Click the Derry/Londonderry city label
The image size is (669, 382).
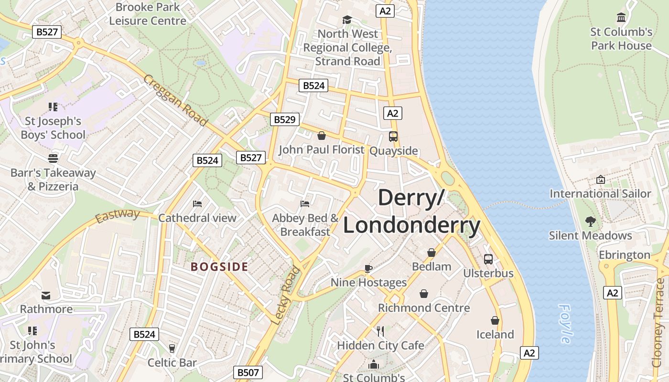(x=411, y=212)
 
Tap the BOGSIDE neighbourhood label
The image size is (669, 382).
(x=219, y=267)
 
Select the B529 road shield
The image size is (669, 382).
(x=285, y=119)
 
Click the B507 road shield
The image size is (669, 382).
(x=248, y=372)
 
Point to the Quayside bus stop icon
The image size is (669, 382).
(x=393, y=137)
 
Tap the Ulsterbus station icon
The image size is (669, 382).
(x=488, y=259)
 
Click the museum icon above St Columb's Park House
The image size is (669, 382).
(x=621, y=18)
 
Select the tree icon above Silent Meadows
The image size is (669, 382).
(x=591, y=222)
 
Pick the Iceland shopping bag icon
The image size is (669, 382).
(x=495, y=320)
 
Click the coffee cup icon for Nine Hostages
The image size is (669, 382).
(x=368, y=268)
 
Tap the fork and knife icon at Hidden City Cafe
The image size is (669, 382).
(x=380, y=331)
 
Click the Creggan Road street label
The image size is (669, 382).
(x=175, y=101)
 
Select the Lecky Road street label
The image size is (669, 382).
(x=285, y=296)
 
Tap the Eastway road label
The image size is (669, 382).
(x=117, y=216)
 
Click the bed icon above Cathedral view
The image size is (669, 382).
(x=197, y=204)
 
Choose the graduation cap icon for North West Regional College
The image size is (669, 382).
(x=347, y=20)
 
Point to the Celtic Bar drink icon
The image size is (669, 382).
(x=172, y=348)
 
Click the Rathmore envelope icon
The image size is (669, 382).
(x=46, y=295)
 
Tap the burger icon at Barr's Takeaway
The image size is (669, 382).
(x=53, y=159)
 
